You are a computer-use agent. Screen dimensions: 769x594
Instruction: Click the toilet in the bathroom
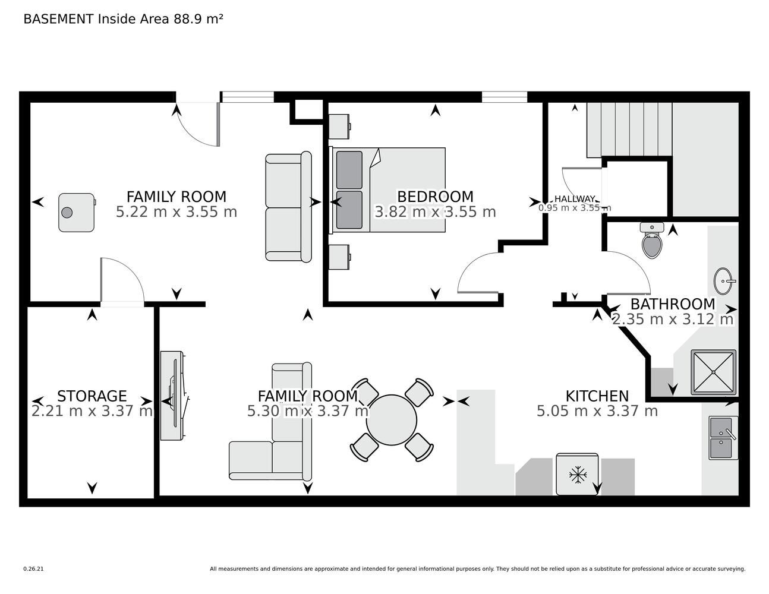(652, 240)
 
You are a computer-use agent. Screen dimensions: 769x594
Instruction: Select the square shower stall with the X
(714, 372)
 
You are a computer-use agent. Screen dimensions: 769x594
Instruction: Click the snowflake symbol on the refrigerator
(577, 475)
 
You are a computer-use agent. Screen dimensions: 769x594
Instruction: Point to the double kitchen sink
(723, 438)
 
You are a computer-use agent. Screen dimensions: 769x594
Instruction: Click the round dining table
(392, 420)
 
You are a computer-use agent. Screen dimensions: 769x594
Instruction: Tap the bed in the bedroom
(387, 190)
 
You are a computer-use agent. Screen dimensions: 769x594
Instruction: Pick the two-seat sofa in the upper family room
(288, 207)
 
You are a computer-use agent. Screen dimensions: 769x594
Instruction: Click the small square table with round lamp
(77, 213)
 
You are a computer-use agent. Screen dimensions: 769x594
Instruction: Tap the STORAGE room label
(92, 396)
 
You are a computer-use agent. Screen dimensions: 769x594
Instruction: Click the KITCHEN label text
(597, 396)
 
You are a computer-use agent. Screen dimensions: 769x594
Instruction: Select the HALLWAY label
(575, 199)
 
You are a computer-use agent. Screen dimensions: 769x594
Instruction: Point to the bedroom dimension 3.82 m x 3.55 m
(435, 212)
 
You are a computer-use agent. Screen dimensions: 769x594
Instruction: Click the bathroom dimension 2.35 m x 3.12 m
(673, 320)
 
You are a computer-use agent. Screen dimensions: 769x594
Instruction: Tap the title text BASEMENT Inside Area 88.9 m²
(123, 19)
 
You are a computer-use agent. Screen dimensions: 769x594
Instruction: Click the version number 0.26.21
(33, 569)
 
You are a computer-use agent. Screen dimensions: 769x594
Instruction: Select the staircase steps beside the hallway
(629, 129)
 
